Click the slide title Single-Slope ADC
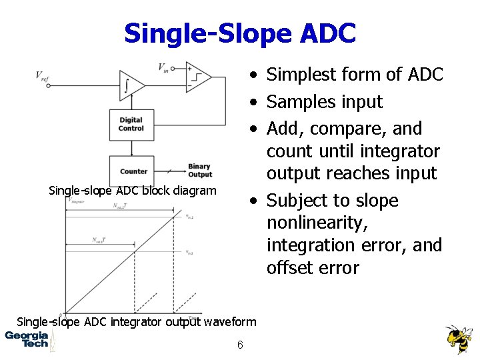240,33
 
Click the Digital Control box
131,125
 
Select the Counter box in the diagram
133,171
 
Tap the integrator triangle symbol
129,84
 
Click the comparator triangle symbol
197,78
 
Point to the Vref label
42,75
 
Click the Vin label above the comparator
163,67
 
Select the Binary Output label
199,171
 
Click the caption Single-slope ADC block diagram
133,191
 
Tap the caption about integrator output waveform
136,322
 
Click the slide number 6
239,345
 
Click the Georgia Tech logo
27,339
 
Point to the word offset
289,268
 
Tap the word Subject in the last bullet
298,201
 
